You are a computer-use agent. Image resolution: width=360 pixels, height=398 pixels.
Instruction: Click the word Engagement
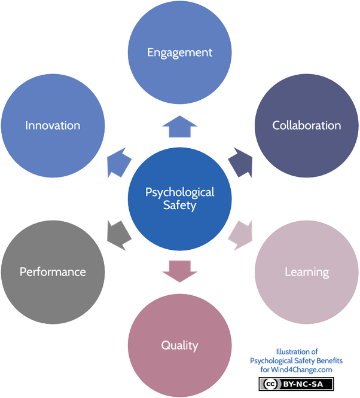(179, 53)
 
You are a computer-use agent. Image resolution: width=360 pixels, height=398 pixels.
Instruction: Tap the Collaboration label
(306, 125)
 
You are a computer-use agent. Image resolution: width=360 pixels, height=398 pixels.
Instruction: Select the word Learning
(306, 273)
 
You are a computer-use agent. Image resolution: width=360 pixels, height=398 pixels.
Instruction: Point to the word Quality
(179, 345)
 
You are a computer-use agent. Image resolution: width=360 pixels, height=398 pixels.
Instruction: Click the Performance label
(53, 272)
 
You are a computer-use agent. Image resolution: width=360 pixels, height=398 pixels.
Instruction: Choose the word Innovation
(53, 125)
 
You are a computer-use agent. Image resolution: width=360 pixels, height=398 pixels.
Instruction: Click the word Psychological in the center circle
(179, 192)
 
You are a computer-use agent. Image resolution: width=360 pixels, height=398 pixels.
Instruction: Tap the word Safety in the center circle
(179, 206)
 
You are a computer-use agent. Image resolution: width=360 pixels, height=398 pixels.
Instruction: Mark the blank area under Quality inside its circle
(179, 373)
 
